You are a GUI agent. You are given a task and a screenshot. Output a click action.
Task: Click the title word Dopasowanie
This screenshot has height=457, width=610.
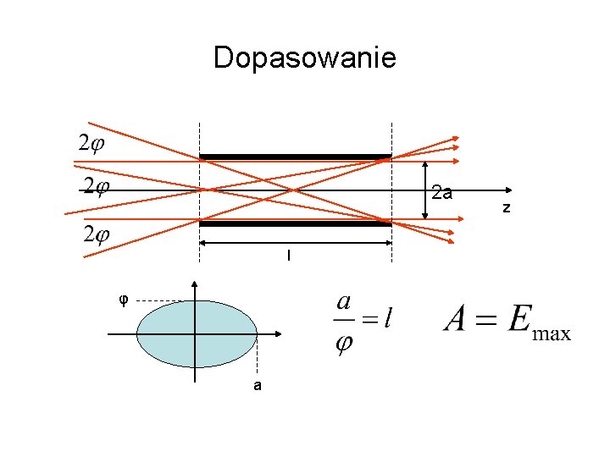pos(304,58)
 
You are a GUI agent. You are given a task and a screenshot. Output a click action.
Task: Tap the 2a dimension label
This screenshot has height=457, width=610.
pos(441,193)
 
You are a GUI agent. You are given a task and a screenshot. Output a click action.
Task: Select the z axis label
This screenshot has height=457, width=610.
pos(506,207)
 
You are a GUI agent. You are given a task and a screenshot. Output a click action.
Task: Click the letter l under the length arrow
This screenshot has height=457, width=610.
pos(289,255)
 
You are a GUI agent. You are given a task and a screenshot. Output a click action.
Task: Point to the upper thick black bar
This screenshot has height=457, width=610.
pos(295,157)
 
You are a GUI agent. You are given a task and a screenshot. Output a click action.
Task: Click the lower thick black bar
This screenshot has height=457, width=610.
pos(295,223)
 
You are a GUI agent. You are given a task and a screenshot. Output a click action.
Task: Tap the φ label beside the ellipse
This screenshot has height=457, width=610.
pos(124,299)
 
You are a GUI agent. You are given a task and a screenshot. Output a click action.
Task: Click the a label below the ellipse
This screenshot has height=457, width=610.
pos(257,386)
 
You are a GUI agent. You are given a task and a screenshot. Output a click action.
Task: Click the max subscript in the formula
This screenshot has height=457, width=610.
pos(551,333)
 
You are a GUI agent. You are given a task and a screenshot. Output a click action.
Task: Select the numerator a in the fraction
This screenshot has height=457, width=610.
pos(344,301)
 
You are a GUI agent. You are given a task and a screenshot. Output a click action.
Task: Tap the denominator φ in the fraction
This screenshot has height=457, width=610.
pos(344,345)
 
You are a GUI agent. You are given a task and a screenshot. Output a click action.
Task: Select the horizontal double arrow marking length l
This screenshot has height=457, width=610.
pos(295,243)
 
